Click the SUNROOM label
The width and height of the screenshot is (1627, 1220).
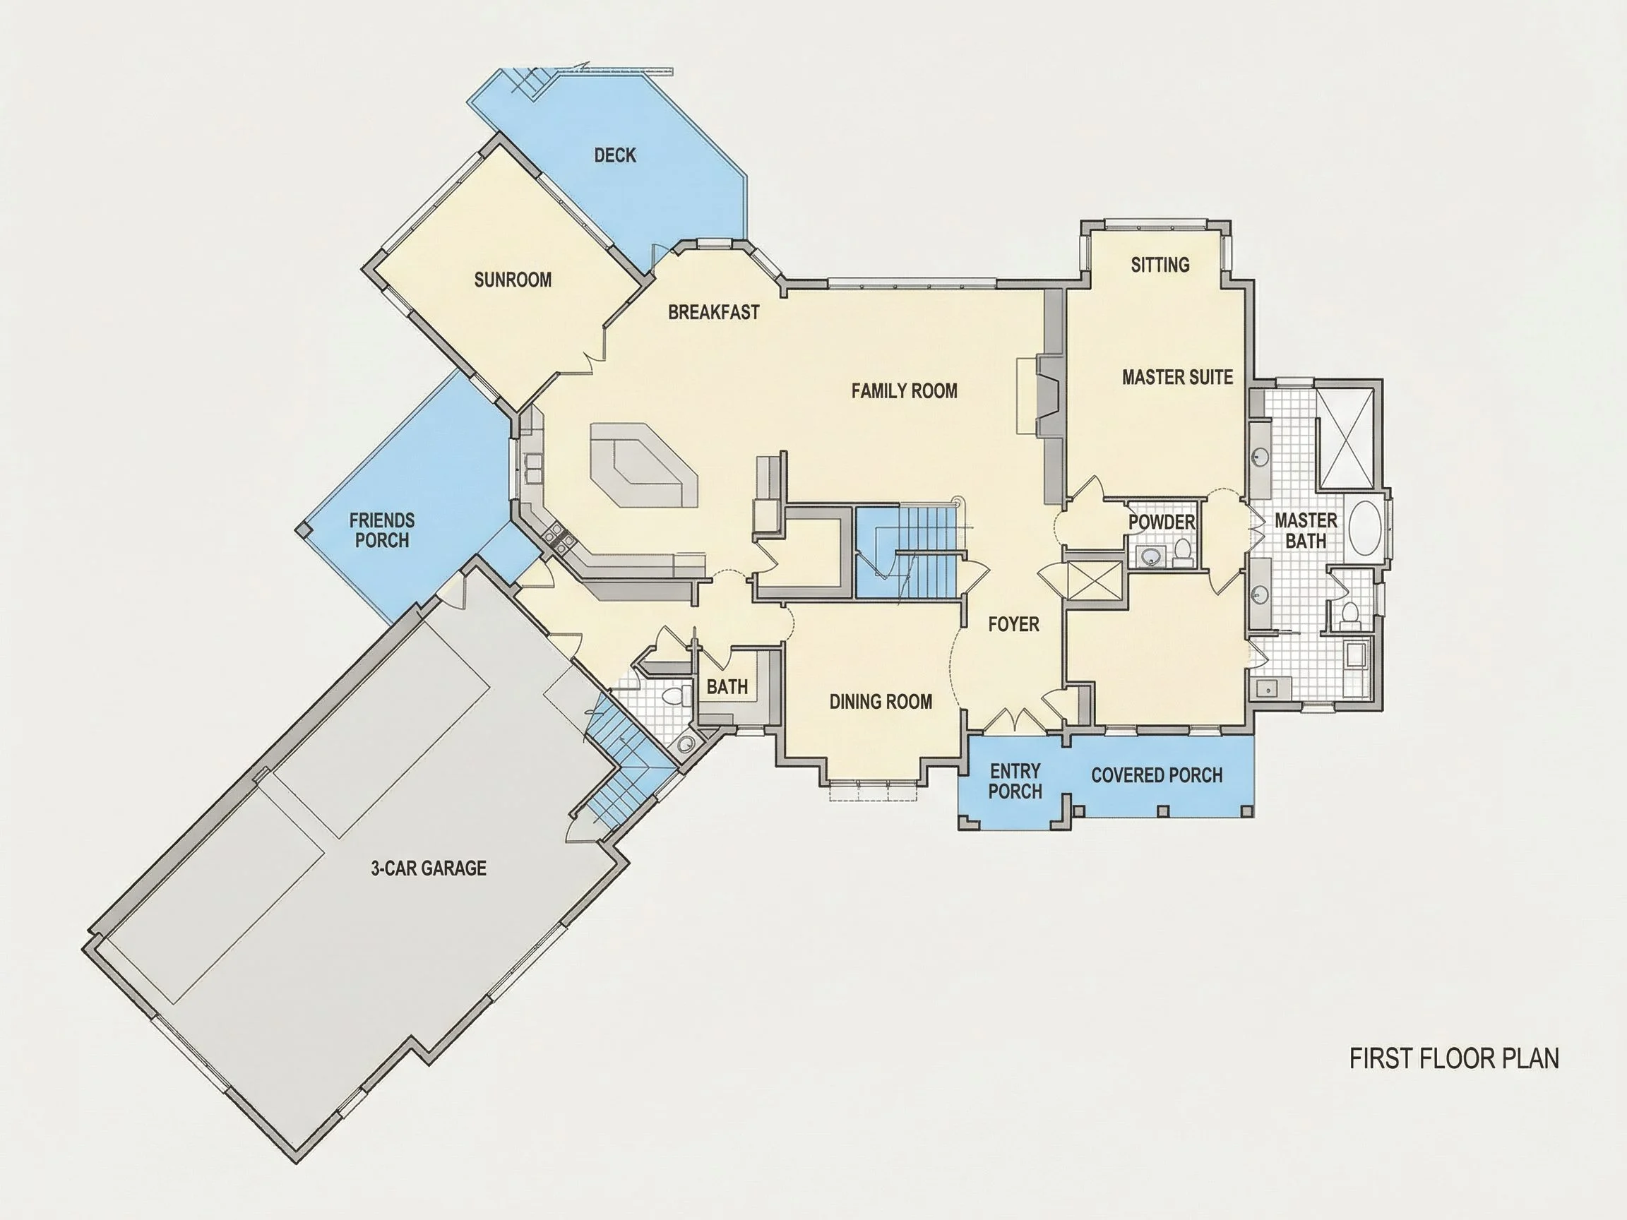[513, 280]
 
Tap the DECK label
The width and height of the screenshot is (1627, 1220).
[615, 155]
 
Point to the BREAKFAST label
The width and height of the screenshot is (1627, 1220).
[713, 313]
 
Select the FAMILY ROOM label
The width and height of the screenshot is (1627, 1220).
[904, 391]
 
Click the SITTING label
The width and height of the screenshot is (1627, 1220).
[1160, 265]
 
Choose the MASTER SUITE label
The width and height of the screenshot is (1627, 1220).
[1177, 378]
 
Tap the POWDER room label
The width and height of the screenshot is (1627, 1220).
[1162, 522]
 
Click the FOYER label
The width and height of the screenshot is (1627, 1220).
[1013, 624]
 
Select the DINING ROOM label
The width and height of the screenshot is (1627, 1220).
[881, 702]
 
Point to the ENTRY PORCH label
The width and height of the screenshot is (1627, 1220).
[1015, 781]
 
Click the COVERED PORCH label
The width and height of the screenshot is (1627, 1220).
[1156, 775]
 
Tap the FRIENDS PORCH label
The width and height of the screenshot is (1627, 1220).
[382, 530]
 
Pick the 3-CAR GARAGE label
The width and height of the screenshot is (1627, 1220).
[428, 868]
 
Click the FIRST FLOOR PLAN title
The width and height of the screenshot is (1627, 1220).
[1454, 1059]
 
